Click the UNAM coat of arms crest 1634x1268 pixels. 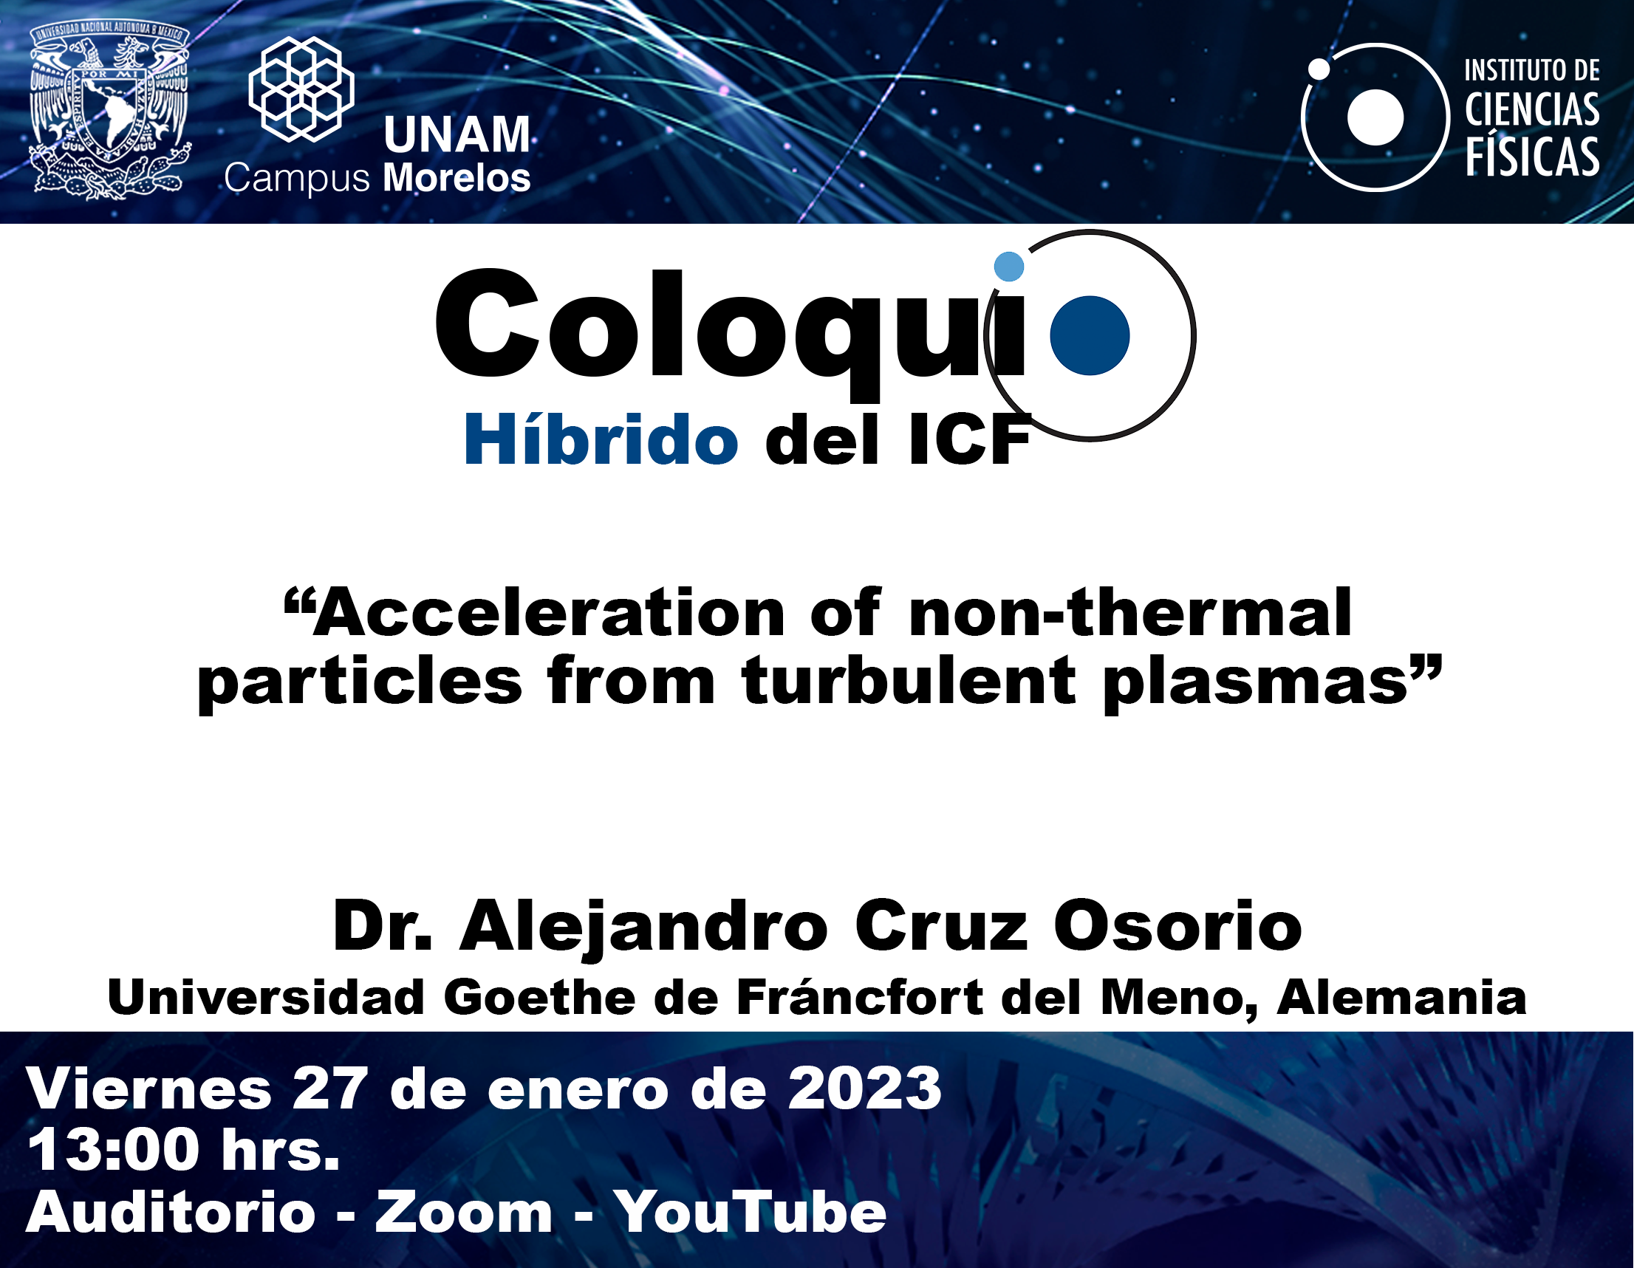coord(109,111)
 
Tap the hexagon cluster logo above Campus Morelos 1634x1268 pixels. coord(301,89)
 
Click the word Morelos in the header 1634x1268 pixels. coord(457,178)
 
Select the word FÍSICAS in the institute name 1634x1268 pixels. coord(1532,157)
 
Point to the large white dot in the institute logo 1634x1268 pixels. coord(1375,117)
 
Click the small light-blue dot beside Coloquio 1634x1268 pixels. coord(1008,267)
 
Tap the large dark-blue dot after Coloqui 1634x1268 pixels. coord(1090,335)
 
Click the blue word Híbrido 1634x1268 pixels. coord(601,440)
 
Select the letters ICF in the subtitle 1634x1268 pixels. coord(971,442)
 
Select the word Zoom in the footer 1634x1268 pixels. coord(464,1212)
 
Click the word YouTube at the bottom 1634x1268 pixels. coord(751,1212)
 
